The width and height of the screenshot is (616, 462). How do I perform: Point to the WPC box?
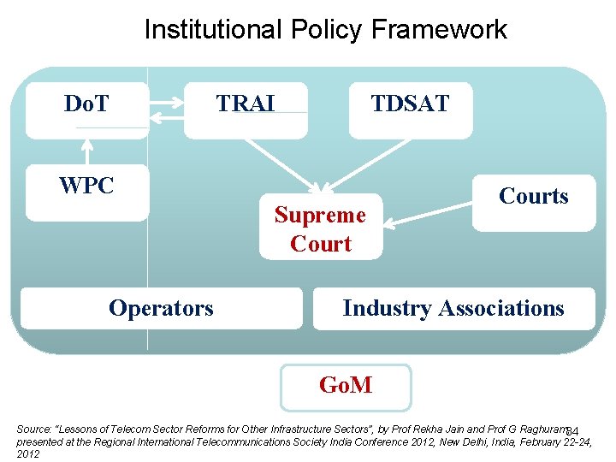pyautogui.click(x=86, y=187)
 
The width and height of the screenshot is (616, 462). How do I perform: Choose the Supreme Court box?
pyautogui.click(x=320, y=229)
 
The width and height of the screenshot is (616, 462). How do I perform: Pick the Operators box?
pyautogui.click(x=161, y=308)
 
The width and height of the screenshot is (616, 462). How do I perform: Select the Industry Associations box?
pyautogui.click(x=453, y=308)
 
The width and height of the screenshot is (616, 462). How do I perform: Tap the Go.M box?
pyautogui.click(x=346, y=386)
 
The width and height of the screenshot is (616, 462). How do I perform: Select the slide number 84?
pyautogui.click(x=573, y=429)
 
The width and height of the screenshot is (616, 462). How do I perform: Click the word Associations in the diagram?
pyautogui.click(x=502, y=308)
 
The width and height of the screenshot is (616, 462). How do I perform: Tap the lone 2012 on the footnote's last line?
pyautogui.click(x=28, y=454)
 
